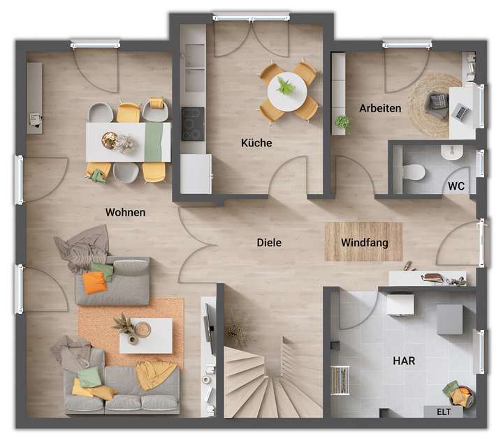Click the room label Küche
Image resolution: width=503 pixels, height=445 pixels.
click(x=256, y=143)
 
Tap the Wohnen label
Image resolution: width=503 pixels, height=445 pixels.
click(x=126, y=212)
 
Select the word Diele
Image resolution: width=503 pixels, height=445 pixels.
click(x=269, y=243)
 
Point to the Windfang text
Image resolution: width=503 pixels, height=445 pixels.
click(x=363, y=243)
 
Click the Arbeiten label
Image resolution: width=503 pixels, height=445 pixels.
click(x=380, y=108)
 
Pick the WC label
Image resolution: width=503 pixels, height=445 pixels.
click(x=457, y=186)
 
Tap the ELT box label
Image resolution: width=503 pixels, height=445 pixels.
click(x=444, y=411)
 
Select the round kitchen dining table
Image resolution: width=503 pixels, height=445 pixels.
click(x=286, y=89)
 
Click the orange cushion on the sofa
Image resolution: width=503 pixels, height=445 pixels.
click(x=94, y=282)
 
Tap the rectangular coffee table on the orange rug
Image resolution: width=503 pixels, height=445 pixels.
click(x=146, y=335)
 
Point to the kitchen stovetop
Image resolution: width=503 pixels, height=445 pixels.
click(x=193, y=123)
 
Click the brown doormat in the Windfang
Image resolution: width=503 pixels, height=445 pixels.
click(x=363, y=241)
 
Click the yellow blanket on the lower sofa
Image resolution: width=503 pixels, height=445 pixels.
click(x=156, y=375)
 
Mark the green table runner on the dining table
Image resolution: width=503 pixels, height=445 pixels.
click(x=157, y=142)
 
